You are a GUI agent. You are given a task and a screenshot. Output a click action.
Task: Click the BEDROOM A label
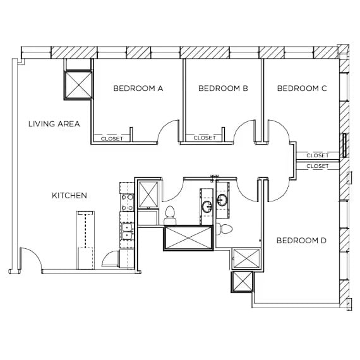(x=138, y=88)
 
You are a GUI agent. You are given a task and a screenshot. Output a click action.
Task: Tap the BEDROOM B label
(x=222, y=88)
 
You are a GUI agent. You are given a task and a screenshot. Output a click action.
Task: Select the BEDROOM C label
(x=301, y=88)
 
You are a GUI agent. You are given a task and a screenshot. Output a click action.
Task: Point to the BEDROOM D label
(x=301, y=241)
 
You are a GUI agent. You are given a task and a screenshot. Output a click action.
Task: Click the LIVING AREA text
(x=54, y=124)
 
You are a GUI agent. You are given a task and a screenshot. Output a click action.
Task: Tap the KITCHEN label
(x=69, y=196)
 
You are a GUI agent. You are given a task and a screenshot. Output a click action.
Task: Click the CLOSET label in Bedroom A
(x=112, y=138)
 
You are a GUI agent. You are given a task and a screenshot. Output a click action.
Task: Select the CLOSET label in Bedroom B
(x=205, y=138)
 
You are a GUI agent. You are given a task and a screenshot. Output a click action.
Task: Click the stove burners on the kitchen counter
(x=127, y=201)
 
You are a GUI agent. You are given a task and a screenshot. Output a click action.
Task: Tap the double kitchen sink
(x=127, y=232)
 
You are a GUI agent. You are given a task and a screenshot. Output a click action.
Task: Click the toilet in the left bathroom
(x=169, y=214)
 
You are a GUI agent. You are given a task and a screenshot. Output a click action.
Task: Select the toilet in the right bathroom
(x=225, y=228)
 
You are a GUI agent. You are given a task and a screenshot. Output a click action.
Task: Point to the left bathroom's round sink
(x=207, y=207)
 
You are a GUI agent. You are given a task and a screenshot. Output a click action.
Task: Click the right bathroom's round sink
(x=222, y=200)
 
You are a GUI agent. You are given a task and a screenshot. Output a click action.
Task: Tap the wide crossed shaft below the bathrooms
(x=188, y=237)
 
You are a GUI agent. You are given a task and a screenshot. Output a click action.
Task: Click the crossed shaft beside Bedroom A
(x=78, y=85)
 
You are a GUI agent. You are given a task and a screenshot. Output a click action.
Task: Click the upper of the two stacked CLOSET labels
(x=317, y=155)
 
